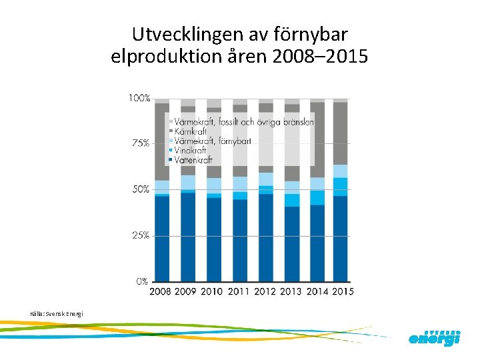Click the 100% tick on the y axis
[x=139, y=98]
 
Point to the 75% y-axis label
[x=139, y=143]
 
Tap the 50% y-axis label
[x=139, y=189]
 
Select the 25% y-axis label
[x=139, y=235]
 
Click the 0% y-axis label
[x=141, y=281]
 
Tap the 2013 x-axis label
[x=291, y=291]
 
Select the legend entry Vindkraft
[x=192, y=151]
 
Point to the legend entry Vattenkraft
[x=195, y=160]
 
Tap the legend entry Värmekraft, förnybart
[x=210, y=141]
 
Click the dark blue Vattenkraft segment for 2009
[x=188, y=237]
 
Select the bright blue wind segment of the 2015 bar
[x=341, y=187]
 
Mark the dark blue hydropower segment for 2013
[x=291, y=243]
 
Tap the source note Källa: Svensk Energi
[x=57, y=313]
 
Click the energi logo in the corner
[x=434, y=337]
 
